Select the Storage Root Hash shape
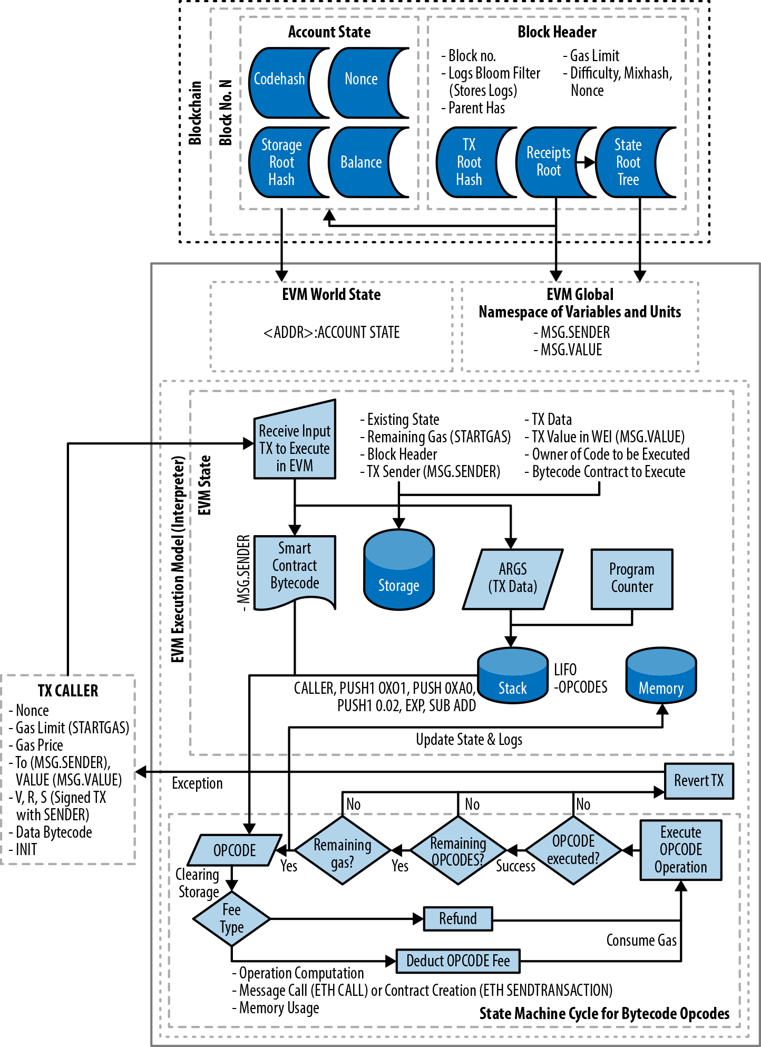(280, 162)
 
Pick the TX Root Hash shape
(469, 162)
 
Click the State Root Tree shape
(629, 162)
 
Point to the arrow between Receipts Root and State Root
(585, 162)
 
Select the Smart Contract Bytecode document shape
(295, 569)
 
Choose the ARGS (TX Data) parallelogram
(512, 579)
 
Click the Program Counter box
(631, 579)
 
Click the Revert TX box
(698, 781)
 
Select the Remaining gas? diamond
(343, 850)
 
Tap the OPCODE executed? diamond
(573, 850)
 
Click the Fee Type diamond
(231, 918)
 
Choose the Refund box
(458, 919)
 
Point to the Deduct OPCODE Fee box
(457, 961)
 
